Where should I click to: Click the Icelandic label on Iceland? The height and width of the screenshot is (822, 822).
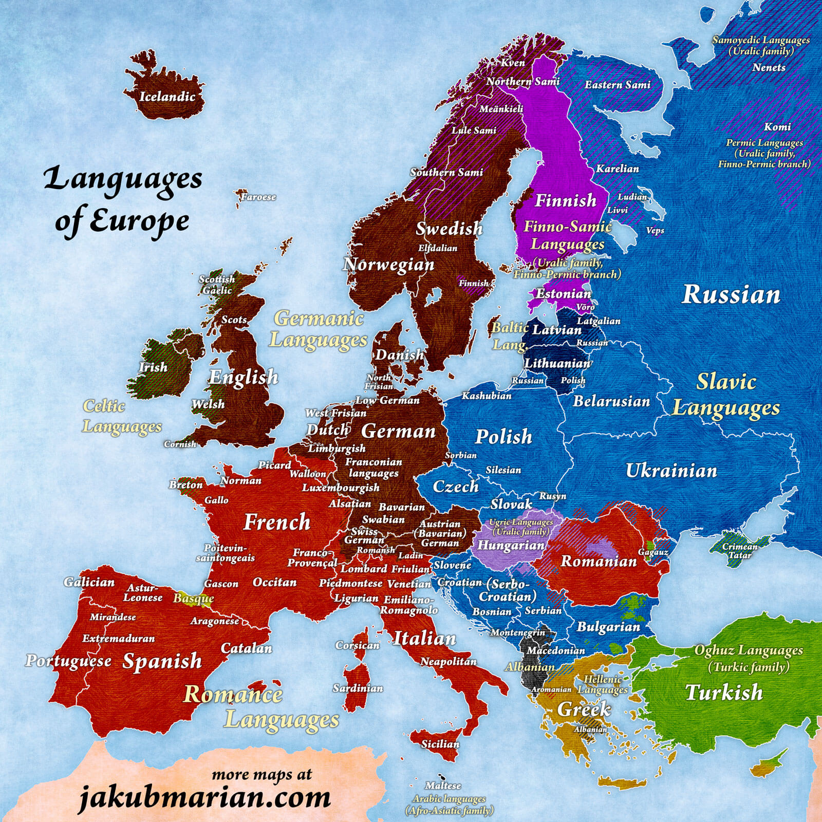167,97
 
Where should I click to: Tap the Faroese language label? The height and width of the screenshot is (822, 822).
258,197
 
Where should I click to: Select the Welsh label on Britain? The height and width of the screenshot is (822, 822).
208,404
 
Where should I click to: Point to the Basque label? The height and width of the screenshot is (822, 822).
193,599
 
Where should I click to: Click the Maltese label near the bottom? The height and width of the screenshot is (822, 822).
443,786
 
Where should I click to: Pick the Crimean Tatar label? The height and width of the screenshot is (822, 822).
740,550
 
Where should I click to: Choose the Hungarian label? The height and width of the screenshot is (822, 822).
511,545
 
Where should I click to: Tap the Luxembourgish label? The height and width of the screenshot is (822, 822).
341,488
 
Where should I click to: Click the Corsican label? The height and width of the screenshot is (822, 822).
358,645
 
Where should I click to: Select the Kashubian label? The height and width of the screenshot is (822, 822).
487,396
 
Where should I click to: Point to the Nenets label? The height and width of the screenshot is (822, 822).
769,67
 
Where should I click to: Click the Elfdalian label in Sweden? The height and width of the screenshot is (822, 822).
438,248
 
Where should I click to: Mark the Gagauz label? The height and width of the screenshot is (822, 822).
653,552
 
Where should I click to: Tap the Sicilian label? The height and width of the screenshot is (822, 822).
440,744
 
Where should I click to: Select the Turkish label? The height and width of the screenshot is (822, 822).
724,693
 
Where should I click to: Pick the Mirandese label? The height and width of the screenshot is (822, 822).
113,617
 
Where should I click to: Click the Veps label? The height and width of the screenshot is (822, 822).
655,231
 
